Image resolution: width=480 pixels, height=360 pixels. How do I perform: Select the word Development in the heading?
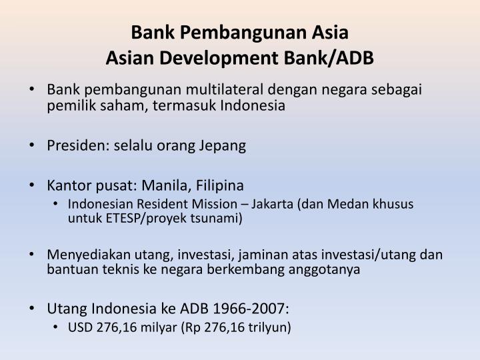click(219, 59)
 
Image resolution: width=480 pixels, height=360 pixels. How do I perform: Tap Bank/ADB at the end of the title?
click(329, 58)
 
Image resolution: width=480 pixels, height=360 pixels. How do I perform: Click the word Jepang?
click(223, 146)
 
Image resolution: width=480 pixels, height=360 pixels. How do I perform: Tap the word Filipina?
click(219, 186)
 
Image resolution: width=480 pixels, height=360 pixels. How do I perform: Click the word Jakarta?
click(272, 204)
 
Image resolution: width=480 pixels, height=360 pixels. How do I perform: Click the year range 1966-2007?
click(251, 309)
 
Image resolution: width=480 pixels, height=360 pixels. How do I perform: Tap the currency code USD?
click(80, 327)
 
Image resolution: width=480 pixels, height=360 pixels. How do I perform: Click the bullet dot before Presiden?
click(32, 145)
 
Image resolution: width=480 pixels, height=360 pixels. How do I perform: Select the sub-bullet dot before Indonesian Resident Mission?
click(55, 204)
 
